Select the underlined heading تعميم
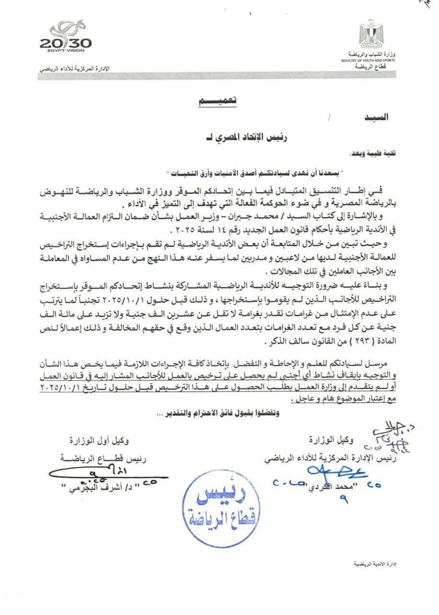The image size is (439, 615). (x=218, y=101)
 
